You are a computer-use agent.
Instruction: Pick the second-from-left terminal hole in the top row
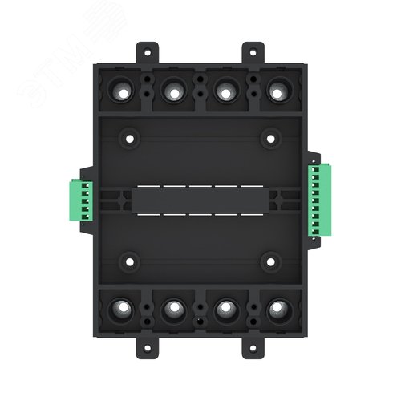[174, 93]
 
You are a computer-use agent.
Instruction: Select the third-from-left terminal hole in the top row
[225, 93]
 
